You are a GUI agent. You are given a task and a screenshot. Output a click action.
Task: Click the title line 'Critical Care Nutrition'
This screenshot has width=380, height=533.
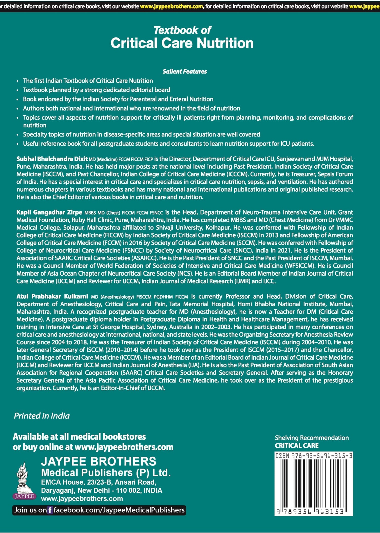click(182, 43)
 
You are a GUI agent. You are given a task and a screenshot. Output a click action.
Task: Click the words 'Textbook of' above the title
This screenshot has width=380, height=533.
click(182, 30)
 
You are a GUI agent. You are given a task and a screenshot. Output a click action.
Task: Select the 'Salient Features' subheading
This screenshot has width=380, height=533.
click(184, 72)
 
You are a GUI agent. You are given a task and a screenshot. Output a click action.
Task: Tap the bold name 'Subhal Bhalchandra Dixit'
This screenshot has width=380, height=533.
click(52, 159)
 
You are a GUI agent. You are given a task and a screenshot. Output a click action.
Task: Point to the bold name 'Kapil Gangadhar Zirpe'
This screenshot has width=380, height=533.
click(49, 212)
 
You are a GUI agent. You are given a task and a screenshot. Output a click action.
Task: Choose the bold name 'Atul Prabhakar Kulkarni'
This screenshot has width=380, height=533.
click(52, 296)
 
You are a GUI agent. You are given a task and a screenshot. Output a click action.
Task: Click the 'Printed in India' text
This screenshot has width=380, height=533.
click(42, 416)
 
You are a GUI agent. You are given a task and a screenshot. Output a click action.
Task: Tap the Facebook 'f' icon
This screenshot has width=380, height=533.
click(50, 510)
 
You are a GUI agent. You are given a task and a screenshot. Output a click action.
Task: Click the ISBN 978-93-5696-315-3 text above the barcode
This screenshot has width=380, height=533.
click(314, 456)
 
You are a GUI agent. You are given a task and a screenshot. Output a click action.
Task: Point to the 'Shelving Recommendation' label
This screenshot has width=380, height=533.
click(312, 438)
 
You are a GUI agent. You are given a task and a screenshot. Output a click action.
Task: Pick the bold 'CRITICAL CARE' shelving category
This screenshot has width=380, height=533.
click(297, 446)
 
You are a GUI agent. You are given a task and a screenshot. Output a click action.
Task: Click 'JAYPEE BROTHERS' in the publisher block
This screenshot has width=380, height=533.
click(99, 461)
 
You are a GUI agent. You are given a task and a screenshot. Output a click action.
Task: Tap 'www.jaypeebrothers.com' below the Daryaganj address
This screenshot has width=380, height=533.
click(82, 499)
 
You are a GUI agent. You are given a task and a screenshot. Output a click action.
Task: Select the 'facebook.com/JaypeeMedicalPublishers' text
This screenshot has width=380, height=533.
click(119, 510)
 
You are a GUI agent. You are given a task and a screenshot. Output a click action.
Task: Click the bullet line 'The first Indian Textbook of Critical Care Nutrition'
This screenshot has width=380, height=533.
click(88, 81)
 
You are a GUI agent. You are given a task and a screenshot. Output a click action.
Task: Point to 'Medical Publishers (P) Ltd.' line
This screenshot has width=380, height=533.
click(106, 473)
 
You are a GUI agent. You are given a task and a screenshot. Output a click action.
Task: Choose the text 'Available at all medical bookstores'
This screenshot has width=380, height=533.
click(79, 436)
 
